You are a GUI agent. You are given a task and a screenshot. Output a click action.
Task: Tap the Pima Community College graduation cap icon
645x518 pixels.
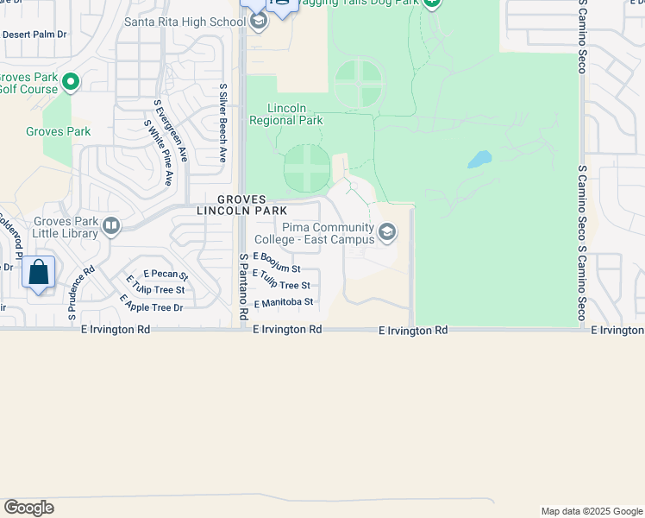click(x=387, y=231)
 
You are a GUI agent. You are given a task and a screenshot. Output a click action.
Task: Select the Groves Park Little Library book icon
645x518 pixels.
click(x=110, y=226)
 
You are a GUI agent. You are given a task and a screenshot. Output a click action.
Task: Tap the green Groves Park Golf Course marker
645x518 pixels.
click(x=71, y=83)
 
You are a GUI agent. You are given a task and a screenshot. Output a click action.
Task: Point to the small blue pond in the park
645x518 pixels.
click(x=479, y=160)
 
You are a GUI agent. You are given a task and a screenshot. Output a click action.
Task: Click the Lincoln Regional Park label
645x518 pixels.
click(x=287, y=114)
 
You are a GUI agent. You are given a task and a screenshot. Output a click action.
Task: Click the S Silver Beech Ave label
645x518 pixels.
click(x=222, y=123)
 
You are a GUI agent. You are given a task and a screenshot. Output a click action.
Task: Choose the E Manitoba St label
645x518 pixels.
click(x=283, y=303)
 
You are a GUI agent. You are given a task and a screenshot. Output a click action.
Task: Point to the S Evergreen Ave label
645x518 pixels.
click(x=170, y=129)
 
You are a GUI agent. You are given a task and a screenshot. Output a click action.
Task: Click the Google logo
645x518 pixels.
click(x=28, y=508)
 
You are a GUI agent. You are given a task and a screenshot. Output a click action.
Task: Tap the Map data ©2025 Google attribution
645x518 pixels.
click(x=591, y=511)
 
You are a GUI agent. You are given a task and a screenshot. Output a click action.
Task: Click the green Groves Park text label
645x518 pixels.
click(x=58, y=132)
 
